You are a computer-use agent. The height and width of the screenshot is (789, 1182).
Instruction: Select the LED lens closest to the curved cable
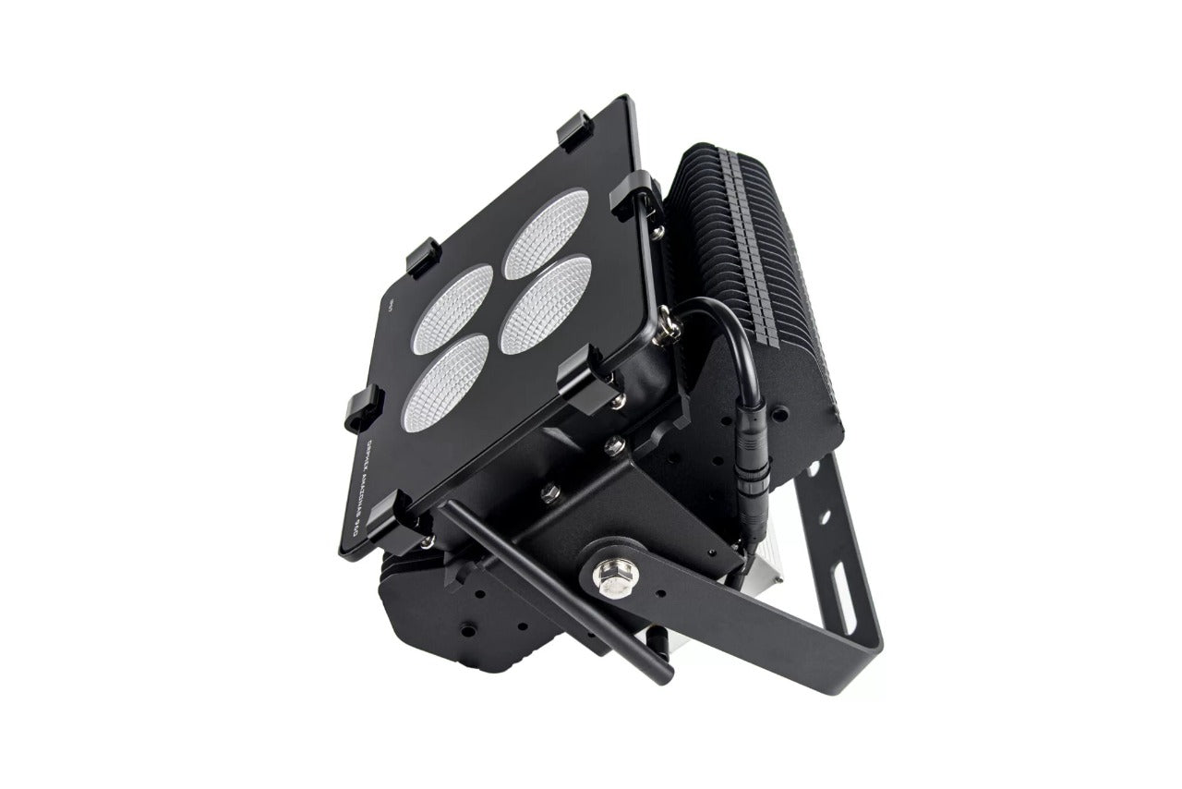[x=546, y=305]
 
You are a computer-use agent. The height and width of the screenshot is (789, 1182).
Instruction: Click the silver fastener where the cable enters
[x=667, y=327]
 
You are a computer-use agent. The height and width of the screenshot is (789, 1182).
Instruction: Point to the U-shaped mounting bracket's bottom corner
[x=868, y=637]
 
